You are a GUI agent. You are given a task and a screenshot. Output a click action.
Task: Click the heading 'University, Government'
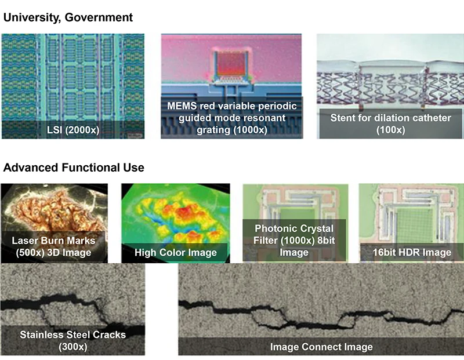pyautogui.click(x=68, y=17)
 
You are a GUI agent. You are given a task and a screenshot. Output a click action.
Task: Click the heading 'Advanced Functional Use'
pyautogui.click(x=74, y=168)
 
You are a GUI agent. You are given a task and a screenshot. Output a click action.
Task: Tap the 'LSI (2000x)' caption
pyautogui.click(x=72, y=129)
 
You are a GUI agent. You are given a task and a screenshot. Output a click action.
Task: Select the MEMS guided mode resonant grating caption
pyautogui.click(x=231, y=118)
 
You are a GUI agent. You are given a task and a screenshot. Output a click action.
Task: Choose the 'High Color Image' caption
pyautogui.click(x=175, y=252)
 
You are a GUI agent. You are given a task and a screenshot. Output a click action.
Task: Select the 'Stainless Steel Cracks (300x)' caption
pyautogui.click(x=73, y=340)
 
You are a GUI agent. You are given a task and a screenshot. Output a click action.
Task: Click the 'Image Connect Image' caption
pyautogui.click(x=321, y=347)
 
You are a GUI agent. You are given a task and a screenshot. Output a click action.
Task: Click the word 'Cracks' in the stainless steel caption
pyautogui.click(x=110, y=334)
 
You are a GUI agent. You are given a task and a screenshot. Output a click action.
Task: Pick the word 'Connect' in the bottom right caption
pyautogui.click(x=321, y=347)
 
